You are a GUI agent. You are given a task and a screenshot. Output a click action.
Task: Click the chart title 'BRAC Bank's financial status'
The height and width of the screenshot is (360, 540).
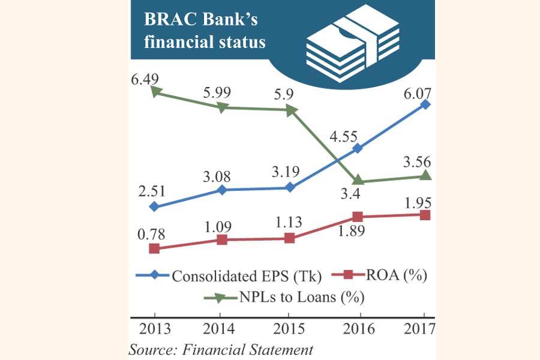pos(201,31)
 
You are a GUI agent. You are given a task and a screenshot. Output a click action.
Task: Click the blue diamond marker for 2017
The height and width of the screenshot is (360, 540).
pos(425,104)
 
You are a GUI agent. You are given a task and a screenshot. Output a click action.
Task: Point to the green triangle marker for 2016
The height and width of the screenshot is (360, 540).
pos(358,181)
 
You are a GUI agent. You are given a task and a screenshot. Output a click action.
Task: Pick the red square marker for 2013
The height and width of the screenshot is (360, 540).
pos(154,248)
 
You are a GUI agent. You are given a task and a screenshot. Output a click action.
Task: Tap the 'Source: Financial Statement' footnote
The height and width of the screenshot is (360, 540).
pos(221,349)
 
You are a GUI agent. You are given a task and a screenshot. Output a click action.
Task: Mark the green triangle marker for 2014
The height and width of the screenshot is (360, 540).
pos(222,107)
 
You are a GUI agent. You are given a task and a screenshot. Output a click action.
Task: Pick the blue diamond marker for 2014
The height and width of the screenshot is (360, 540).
pos(222,190)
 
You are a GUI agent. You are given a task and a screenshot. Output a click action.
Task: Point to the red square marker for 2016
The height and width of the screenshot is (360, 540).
pos(358,216)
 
